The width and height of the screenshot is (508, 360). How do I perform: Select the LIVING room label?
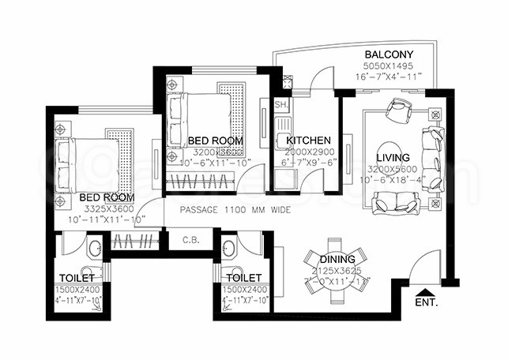(x=393, y=158)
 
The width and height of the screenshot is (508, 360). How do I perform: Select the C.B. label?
(x=190, y=240)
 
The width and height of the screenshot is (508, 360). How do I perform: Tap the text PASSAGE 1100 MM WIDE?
(x=235, y=211)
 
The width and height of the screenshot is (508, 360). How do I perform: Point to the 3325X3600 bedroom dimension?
(x=105, y=208)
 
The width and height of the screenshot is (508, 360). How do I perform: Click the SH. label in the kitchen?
(x=280, y=105)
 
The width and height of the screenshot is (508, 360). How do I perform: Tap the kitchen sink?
(x=283, y=141)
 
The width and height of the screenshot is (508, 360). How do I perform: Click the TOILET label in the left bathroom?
(x=77, y=278)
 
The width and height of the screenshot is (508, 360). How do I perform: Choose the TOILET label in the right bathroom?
(x=243, y=278)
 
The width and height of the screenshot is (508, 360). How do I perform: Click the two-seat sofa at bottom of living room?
(x=397, y=205)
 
